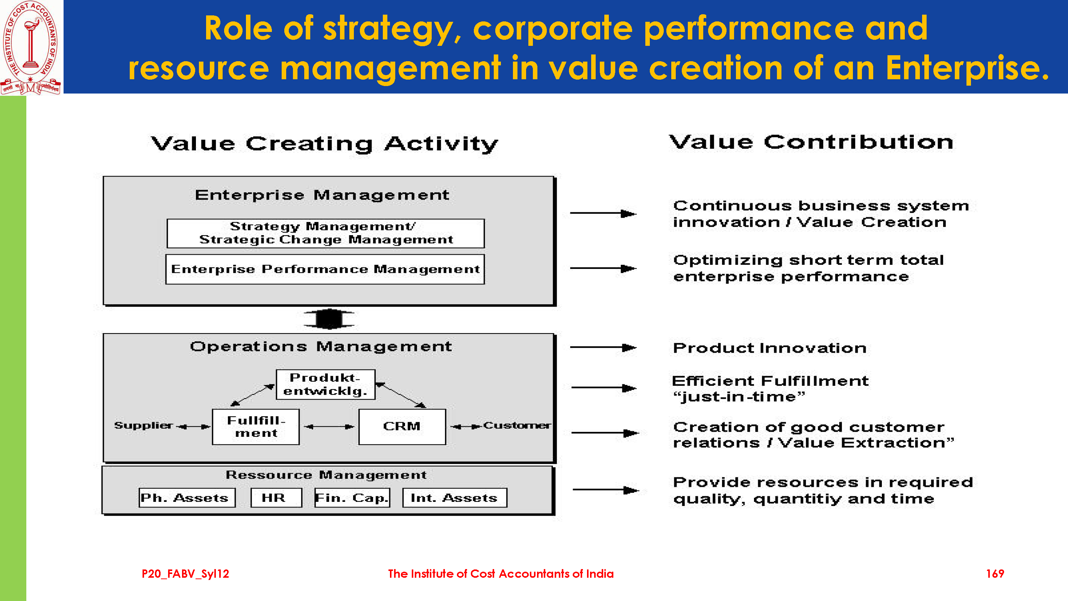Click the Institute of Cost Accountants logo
coord(31,48)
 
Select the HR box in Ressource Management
coord(276,497)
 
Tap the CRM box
coord(402,427)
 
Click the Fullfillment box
coord(256,427)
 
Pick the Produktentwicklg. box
coord(325,384)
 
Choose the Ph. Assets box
coord(187,497)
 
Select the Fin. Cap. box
coord(352,497)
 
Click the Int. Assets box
coord(455,497)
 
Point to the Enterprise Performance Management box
coord(325,269)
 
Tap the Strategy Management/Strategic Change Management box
coord(325,233)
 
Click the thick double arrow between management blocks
coord(329,319)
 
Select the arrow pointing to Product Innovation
coord(603,347)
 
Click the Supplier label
coord(143,425)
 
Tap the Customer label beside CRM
coord(517,425)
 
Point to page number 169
coord(995,574)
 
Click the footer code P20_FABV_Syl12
coord(185,574)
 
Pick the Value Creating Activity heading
coord(324,144)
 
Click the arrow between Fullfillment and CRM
coord(329,427)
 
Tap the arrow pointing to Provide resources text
coord(606,490)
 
